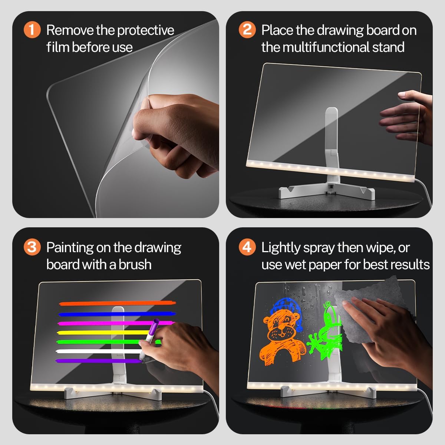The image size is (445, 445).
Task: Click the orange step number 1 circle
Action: (32, 30)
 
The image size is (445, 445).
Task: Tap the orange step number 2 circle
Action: (247, 30)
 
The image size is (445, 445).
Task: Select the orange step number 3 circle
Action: (32, 247)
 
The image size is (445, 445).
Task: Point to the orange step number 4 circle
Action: (247, 247)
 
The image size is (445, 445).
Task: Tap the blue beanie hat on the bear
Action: (286, 306)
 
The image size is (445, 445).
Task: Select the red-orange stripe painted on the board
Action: (117, 303)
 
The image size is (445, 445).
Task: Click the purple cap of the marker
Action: (155, 324)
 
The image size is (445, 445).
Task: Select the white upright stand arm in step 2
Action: (331, 137)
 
